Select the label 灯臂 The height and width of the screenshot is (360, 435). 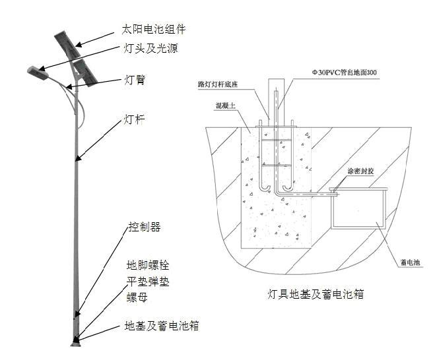135,80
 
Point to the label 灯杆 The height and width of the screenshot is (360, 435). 135,120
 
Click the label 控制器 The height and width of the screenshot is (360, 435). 144,227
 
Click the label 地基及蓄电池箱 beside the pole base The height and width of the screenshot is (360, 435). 162,326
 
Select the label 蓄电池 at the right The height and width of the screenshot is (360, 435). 410,262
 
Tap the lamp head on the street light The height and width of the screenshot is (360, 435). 39,71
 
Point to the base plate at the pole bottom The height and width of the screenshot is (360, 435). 77,341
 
